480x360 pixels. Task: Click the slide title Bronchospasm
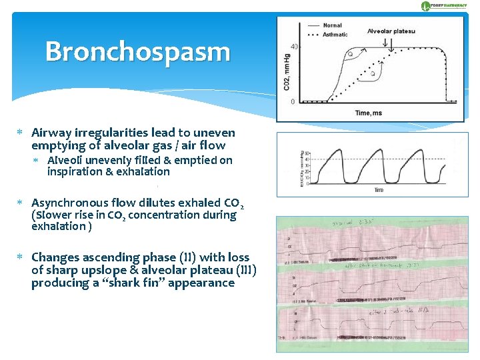point(137,52)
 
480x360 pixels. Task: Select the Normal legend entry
point(332,25)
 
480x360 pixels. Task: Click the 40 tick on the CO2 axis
point(294,47)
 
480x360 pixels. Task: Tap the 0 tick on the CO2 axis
point(293,101)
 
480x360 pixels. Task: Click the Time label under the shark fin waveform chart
point(378,191)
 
